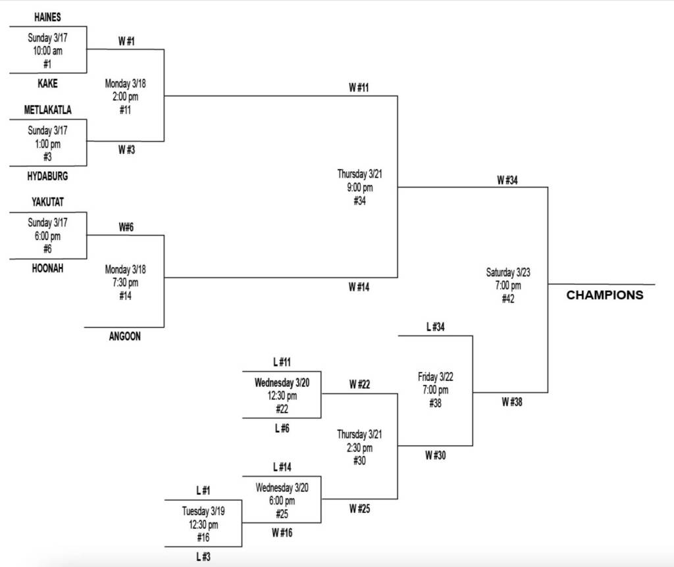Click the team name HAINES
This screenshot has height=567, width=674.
click(x=47, y=18)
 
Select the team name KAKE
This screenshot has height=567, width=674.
click(x=47, y=84)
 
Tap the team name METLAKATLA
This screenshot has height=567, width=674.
click(x=47, y=110)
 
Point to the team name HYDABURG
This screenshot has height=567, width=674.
click(x=47, y=176)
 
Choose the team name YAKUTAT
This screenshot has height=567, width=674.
click(x=47, y=202)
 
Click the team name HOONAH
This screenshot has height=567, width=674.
click(x=47, y=268)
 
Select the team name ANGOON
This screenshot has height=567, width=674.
click(x=124, y=337)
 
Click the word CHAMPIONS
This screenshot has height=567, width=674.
click(x=605, y=295)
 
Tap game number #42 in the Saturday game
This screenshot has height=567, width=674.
click(x=507, y=299)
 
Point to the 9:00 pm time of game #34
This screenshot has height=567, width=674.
click(x=359, y=187)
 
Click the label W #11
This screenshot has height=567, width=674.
click(x=359, y=87)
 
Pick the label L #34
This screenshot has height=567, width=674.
click(x=436, y=327)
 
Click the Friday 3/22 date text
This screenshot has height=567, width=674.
click(x=435, y=377)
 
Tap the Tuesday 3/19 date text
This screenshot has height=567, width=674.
click(x=203, y=511)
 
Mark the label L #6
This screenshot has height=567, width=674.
click(x=282, y=428)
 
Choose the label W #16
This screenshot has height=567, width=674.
click(x=281, y=533)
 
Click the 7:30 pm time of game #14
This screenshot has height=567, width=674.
click(x=125, y=283)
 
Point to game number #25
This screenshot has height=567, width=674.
click(x=282, y=514)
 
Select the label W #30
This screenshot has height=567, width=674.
click(x=435, y=455)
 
